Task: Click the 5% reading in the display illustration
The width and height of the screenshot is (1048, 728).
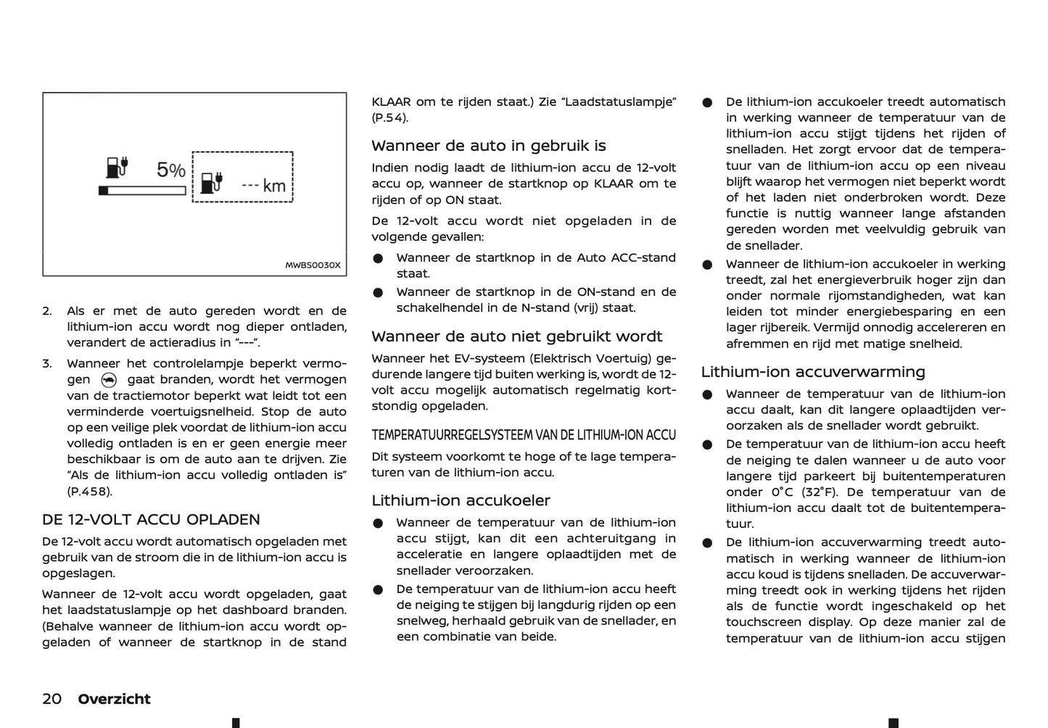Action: pyautogui.click(x=170, y=170)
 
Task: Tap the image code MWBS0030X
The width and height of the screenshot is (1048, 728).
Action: pyautogui.click(x=313, y=265)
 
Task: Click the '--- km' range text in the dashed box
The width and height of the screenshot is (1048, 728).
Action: pyautogui.click(x=264, y=186)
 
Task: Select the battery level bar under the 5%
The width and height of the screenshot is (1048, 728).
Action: pyautogui.click(x=142, y=191)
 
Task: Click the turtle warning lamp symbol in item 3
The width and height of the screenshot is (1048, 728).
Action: pyautogui.click(x=109, y=380)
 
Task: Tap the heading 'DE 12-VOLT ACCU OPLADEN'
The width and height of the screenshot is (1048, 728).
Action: pyautogui.click(x=151, y=519)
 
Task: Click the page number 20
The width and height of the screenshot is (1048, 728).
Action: pyautogui.click(x=52, y=699)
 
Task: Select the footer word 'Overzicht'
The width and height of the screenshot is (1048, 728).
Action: pyautogui.click(x=114, y=699)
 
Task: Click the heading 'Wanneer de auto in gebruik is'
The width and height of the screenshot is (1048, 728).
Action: pyautogui.click(x=489, y=146)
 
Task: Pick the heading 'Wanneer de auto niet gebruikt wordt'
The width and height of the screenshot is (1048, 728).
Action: pyautogui.click(x=517, y=336)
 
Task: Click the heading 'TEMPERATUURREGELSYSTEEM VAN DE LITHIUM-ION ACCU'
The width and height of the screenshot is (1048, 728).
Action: pyautogui.click(x=524, y=435)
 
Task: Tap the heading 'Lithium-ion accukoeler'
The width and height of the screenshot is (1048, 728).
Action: pyautogui.click(x=461, y=500)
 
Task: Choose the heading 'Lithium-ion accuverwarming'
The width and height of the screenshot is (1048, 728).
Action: pyautogui.click(x=813, y=372)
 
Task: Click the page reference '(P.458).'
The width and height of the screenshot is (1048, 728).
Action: pyautogui.click(x=90, y=492)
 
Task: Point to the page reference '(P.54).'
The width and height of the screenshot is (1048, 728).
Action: pyautogui.click(x=390, y=117)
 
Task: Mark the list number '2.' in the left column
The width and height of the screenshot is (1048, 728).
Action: pyautogui.click(x=47, y=311)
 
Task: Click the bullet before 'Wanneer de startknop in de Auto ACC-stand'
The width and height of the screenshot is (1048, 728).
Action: pyautogui.click(x=378, y=259)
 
